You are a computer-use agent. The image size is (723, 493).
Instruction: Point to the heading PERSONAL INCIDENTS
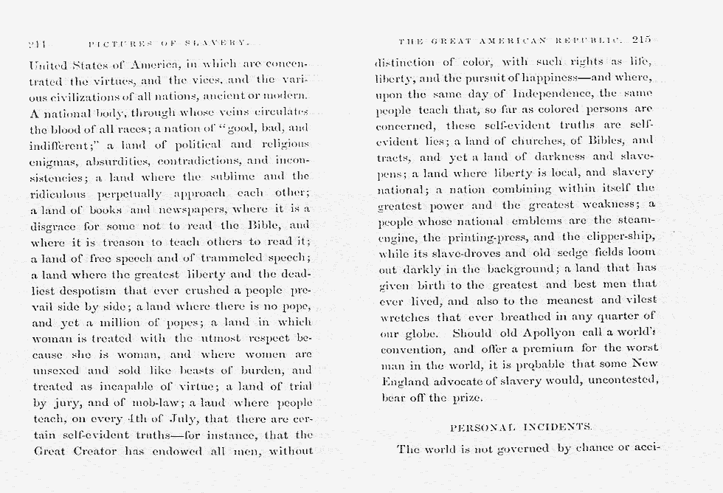coord(522,427)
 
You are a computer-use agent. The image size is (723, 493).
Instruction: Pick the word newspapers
coord(203,210)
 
